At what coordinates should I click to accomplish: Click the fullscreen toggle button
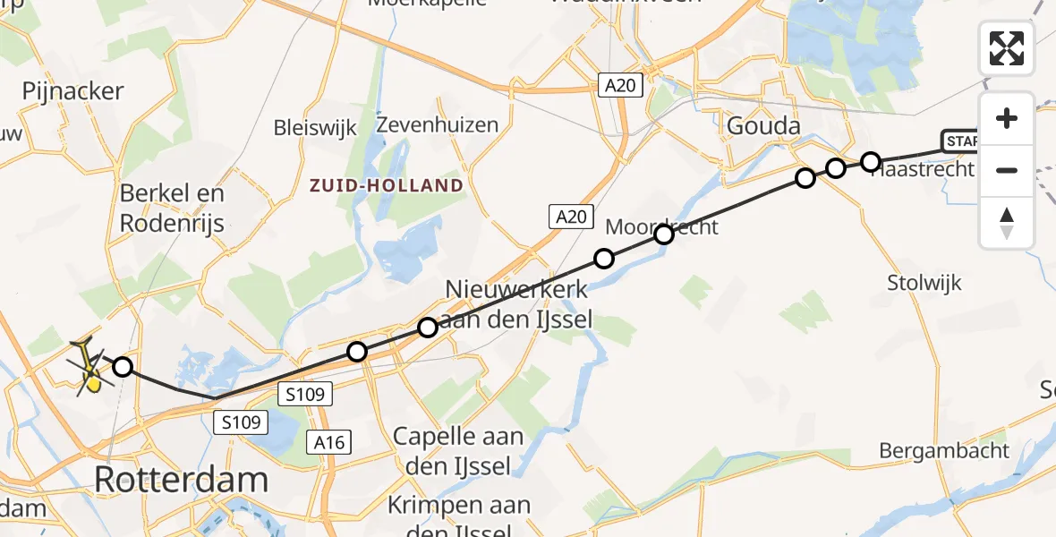click(x=1007, y=48)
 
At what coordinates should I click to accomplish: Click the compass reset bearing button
click(x=1007, y=223)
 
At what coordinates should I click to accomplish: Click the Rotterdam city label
click(x=181, y=480)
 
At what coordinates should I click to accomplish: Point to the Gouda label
click(x=762, y=126)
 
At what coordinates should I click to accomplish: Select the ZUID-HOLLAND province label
click(x=387, y=186)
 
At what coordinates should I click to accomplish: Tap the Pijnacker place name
click(x=73, y=91)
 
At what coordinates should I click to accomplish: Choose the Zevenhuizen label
click(x=438, y=124)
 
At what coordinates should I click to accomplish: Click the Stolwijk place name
click(x=924, y=283)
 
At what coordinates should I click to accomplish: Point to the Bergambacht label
click(x=944, y=450)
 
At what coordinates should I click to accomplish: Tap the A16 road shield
click(x=330, y=441)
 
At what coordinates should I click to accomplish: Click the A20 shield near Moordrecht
click(x=569, y=216)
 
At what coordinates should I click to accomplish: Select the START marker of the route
click(x=960, y=141)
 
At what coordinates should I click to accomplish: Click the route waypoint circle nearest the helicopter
click(x=123, y=366)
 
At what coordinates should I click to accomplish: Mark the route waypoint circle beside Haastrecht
click(x=871, y=161)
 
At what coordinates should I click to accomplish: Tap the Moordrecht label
click(x=662, y=227)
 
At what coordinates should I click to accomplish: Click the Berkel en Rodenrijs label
click(x=172, y=208)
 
